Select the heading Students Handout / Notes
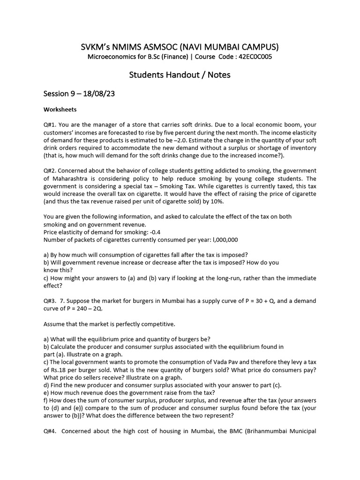point(180,75)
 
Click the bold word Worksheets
point(60,110)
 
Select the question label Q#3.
point(50,301)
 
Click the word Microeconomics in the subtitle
point(112,57)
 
